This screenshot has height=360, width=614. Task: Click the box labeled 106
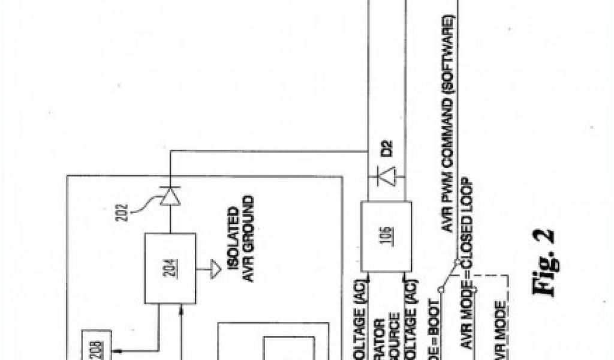click(x=386, y=236)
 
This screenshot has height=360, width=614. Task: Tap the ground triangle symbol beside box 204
click(x=214, y=271)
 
